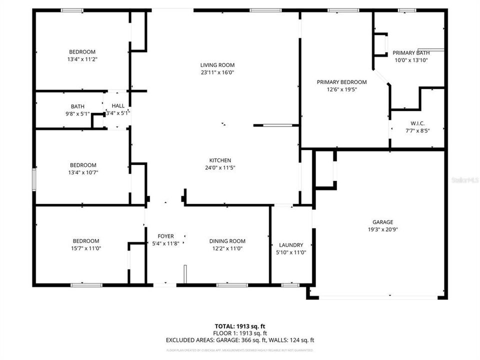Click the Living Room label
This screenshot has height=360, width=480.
tap(217, 65)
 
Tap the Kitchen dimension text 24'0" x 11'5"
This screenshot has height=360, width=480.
tap(217, 168)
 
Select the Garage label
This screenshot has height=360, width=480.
tap(382, 222)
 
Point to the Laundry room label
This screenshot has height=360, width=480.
tap(291, 245)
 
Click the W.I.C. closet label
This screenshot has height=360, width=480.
tap(417, 123)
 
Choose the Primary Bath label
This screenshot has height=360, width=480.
tap(410, 53)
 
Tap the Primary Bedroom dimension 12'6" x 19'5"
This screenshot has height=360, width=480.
tap(341, 89)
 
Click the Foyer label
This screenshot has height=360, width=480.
tap(165, 236)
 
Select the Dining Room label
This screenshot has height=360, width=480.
tap(227, 241)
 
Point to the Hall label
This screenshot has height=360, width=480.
tap(118, 106)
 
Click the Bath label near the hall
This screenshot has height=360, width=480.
tap(77, 106)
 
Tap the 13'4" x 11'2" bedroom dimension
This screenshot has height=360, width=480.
tap(82, 59)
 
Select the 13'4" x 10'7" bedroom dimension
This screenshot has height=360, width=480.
tap(82, 172)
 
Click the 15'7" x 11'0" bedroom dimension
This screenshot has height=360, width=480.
tap(85, 248)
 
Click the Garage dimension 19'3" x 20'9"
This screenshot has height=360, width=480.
tap(382, 230)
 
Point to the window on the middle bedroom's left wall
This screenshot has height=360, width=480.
tap(34, 179)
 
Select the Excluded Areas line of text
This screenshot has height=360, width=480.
tap(239, 340)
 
